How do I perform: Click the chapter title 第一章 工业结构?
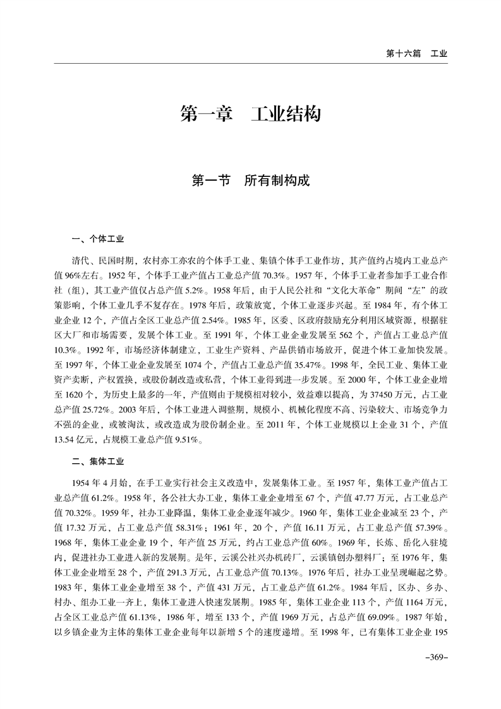pos(250,114)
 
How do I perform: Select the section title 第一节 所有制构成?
pos(250,181)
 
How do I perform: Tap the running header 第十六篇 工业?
pos(416,54)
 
